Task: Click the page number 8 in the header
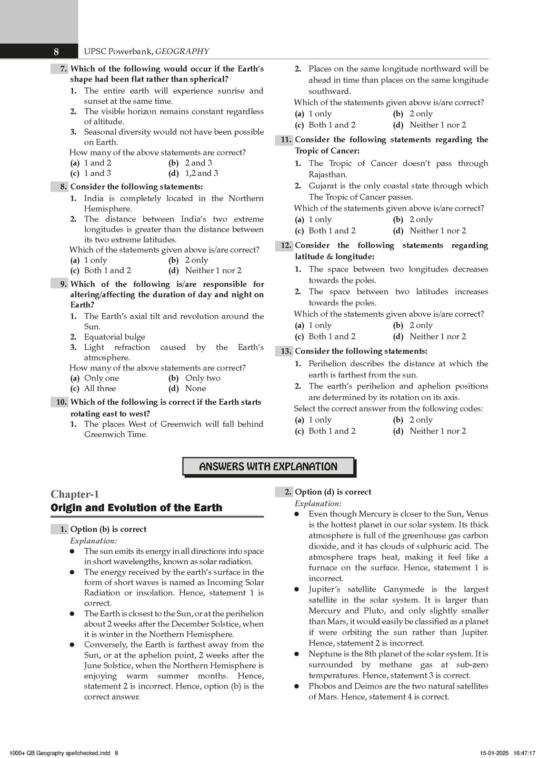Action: (56, 52)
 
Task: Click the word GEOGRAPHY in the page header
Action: (183, 52)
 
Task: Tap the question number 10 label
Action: (61, 402)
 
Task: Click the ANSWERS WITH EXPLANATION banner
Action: (268, 467)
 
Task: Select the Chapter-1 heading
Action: (75, 494)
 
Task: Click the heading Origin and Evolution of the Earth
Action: (136, 508)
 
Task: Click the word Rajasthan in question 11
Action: (328, 175)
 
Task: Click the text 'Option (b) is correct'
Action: (108, 530)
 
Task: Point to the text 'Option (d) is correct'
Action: (333, 492)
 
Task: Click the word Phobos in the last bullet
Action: (323, 686)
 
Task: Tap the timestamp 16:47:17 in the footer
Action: (522, 753)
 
